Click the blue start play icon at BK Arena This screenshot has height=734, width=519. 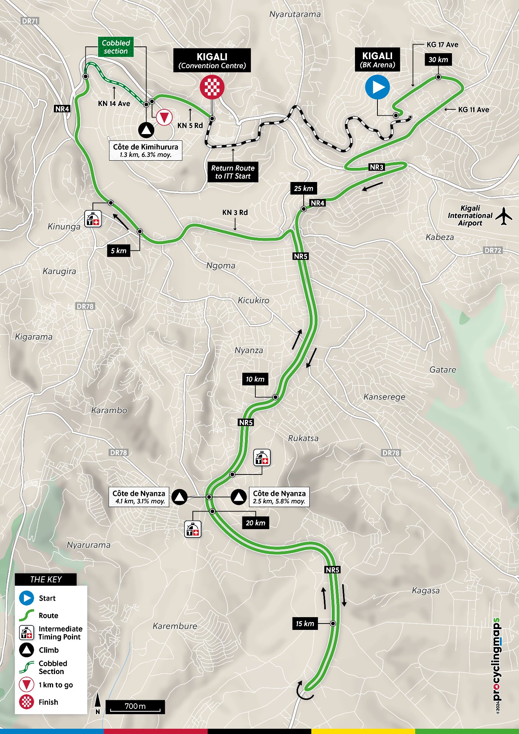377,87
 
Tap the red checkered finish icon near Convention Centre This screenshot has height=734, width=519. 212,87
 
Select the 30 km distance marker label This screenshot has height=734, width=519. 438,60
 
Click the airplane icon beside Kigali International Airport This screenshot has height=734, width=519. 504,216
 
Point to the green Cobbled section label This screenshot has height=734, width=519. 116,47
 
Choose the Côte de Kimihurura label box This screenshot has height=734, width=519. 146,151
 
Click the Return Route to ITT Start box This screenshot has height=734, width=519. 233,172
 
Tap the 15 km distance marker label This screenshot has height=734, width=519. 305,624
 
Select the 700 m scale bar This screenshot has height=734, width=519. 135,707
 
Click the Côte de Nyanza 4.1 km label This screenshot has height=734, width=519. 139,497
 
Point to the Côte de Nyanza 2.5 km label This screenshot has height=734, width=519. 279,497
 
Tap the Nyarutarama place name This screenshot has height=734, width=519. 295,14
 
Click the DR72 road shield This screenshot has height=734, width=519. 492,250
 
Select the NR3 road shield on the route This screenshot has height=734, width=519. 376,167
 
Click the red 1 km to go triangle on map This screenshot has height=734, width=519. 164,118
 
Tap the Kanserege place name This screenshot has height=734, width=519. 384,397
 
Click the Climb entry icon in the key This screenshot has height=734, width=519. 27,650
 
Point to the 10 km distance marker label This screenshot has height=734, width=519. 255,379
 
